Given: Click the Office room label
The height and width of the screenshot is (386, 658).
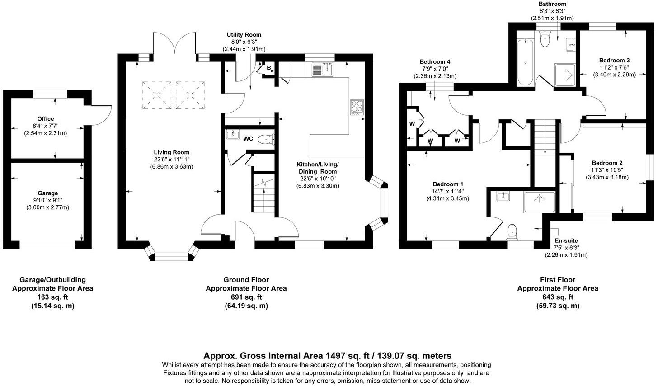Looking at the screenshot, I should pyautogui.click(x=46, y=119).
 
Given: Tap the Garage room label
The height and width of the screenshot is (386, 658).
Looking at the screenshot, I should pyautogui.click(x=47, y=193).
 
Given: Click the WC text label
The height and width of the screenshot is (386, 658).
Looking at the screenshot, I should pyautogui.click(x=248, y=138).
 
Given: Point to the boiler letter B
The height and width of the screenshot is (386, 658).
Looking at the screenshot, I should pyautogui.click(x=268, y=68).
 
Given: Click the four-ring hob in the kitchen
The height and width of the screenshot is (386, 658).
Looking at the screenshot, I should pyautogui.click(x=356, y=107).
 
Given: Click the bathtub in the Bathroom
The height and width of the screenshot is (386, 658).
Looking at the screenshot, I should pyautogui.click(x=524, y=62).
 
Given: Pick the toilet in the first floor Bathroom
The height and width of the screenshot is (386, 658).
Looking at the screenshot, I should pyautogui.click(x=545, y=38).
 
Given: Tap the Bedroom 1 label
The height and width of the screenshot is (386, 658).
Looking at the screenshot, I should pyautogui.click(x=448, y=184).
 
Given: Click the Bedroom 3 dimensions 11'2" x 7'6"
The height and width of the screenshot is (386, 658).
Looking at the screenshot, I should pyautogui.click(x=614, y=67).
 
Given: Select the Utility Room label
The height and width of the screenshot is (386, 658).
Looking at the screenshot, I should pyautogui.click(x=244, y=35).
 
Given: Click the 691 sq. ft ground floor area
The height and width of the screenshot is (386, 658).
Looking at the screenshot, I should pyautogui.click(x=246, y=297).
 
